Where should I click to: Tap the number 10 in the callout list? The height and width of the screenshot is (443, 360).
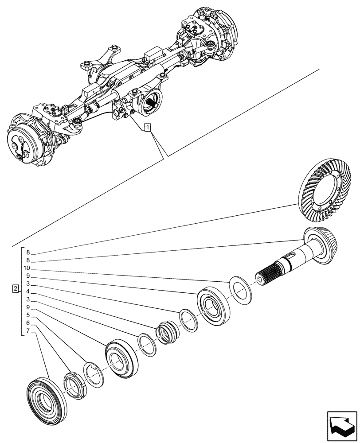[27, 268]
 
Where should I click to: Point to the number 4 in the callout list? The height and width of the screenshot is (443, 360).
[27, 291]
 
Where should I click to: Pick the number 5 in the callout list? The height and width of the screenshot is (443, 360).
[27, 315]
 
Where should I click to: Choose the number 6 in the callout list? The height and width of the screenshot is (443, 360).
[27, 323]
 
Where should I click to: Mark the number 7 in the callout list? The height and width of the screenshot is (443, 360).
[27, 330]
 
